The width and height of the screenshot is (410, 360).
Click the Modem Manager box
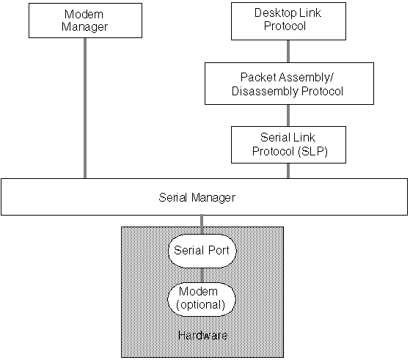click(x=85, y=21)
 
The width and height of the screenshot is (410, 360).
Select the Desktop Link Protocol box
click(x=288, y=21)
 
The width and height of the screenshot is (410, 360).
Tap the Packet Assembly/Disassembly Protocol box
click(x=289, y=84)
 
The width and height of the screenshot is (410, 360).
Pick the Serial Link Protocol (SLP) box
click(x=288, y=144)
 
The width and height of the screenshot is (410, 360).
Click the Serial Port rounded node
click(x=202, y=251)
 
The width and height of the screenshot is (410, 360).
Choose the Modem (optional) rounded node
click(x=202, y=299)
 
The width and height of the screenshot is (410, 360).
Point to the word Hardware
click(x=202, y=335)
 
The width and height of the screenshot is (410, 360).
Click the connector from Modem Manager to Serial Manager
click(x=85, y=109)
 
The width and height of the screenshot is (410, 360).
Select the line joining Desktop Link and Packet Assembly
click(x=288, y=51)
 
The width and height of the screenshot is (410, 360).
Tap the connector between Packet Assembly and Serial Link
click(x=288, y=116)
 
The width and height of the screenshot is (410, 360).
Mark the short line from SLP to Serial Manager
click(x=288, y=171)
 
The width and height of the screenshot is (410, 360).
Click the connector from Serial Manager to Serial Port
click(x=202, y=224)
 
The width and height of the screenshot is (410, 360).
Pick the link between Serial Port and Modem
click(x=202, y=275)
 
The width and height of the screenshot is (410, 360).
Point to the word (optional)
click(x=200, y=305)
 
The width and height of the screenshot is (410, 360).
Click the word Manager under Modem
click(x=84, y=27)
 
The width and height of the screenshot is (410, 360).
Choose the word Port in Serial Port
click(x=219, y=251)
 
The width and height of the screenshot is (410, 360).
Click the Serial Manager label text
click(x=197, y=198)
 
